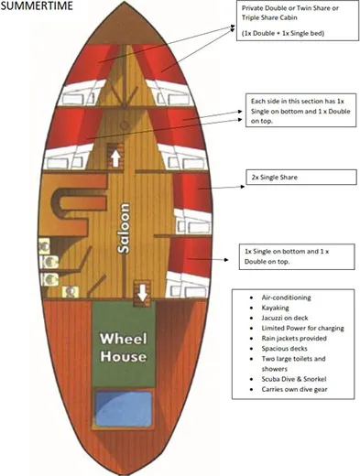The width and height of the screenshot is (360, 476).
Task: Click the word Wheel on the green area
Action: (125, 336)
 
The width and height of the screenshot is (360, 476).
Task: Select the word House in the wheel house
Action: (125, 355)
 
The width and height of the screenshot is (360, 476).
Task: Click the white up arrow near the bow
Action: (116, 157)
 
